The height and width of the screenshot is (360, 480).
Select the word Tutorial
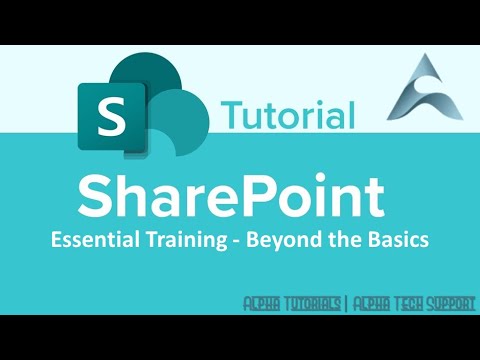coord(288,114)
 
